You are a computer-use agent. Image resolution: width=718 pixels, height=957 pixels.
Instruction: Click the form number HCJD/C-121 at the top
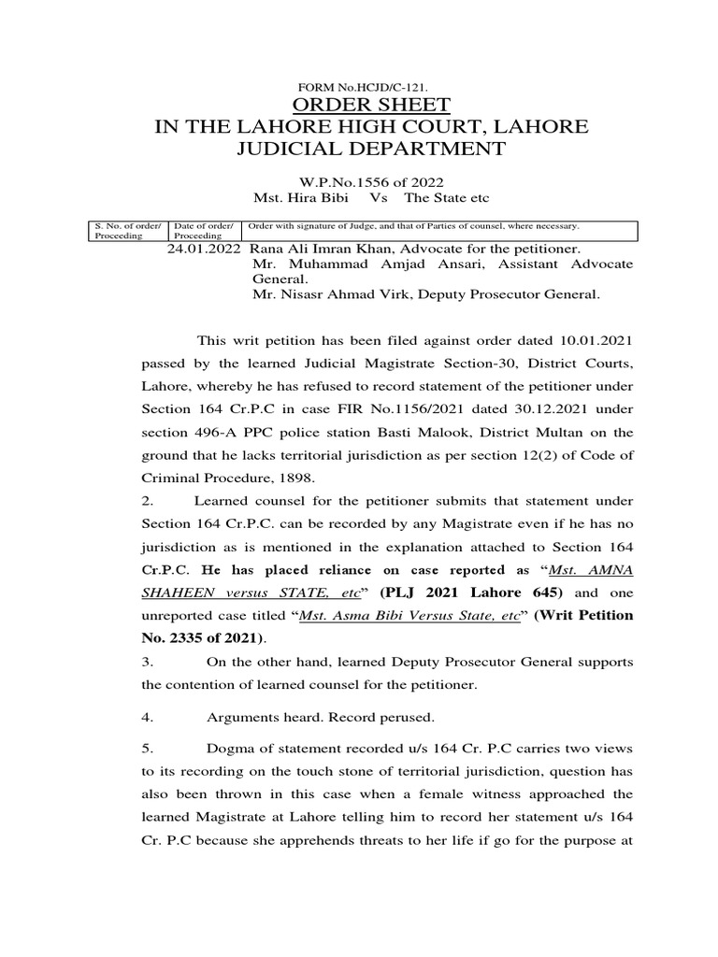click(x=360, y=86)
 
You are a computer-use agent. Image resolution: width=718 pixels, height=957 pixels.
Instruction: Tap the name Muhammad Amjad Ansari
click(x=357, y=264)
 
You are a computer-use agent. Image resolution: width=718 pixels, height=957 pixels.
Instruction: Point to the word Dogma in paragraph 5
click(x=230, y=750)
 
